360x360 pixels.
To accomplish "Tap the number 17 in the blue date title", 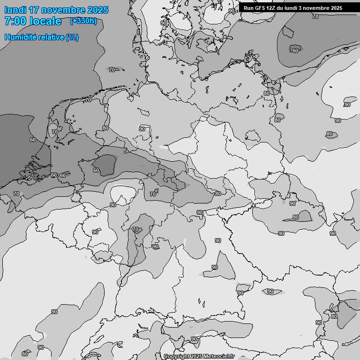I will (35, 10).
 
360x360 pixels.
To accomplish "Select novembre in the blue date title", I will (64, 10).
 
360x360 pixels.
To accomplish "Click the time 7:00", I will (15, 21).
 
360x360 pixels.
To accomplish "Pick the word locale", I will (48, 21).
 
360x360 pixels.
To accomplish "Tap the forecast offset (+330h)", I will (83, 21).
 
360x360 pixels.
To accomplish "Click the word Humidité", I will (20, 37).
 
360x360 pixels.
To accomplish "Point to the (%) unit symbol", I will (72, 37).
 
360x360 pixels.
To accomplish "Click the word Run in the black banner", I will (248, 8).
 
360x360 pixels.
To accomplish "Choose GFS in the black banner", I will (260, 8).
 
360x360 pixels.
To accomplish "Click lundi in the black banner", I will (293, 8).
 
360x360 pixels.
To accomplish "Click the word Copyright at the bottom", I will (177, 357).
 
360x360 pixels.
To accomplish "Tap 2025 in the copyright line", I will (196, 357).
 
